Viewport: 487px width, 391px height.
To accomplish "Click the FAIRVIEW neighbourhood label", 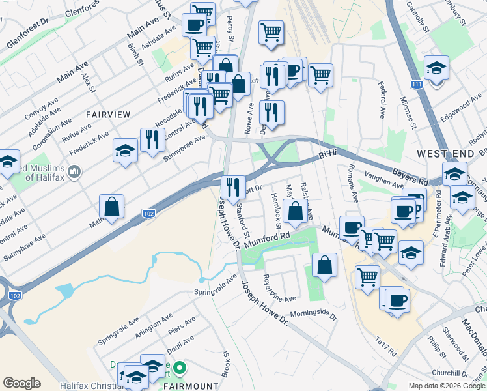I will (108, 114).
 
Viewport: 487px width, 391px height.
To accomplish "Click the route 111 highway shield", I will (417, 84).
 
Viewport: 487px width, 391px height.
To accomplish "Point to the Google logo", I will (21, 384).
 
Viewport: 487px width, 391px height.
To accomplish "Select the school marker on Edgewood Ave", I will (436, 68).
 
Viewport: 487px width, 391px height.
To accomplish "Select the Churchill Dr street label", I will (454, 373).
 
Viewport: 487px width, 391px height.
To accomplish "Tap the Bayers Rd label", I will (411, 177).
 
